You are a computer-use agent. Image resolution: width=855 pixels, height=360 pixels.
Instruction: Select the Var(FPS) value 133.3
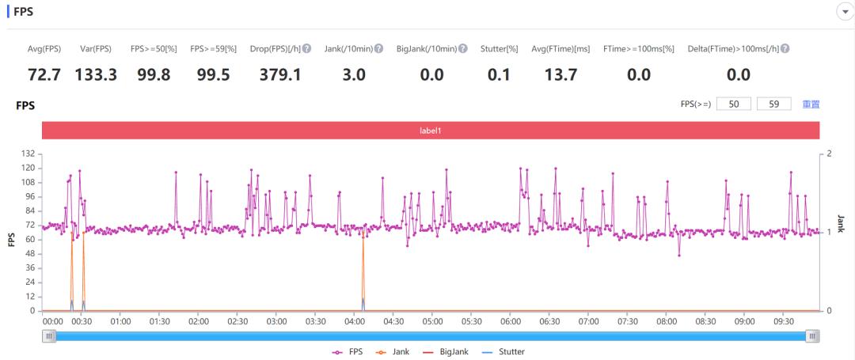click(x=96, y=74)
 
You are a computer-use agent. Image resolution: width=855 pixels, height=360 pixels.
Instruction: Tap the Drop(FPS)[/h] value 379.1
click(x=280, y=74)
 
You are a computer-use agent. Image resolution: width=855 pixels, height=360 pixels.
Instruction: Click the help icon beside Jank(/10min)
click(x=379, y=49)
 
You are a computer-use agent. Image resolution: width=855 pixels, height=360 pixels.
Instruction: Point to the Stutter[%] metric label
click(x=499, y=49)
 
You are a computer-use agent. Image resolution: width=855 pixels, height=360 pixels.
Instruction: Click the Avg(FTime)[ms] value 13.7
click(x=560, y=74)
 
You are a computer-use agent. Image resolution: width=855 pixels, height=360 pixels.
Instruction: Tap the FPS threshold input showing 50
click(x=734, y=104)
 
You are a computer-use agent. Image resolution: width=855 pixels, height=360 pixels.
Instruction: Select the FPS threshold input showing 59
click(x=773, y=104)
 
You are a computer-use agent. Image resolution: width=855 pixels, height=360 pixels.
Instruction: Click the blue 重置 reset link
click(x=811, y=104)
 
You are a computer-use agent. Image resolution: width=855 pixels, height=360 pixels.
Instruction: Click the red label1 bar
click(x=430, y=131)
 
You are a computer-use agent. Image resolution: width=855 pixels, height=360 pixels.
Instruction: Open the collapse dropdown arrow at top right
click(x=842, y=11)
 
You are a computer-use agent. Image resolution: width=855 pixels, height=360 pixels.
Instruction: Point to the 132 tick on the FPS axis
click(x=28, y=153)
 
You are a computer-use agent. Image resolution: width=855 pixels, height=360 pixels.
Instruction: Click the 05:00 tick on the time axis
click(x=432, y=321)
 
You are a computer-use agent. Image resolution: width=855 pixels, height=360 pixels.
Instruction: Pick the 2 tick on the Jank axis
click(x=829, y=153)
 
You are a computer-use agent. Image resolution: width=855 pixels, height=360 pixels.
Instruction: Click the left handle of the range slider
click(x=50, y=336)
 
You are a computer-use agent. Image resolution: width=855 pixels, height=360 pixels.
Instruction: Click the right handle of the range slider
click(x=812, y=336)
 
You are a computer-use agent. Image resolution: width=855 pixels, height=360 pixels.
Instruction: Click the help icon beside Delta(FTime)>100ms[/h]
click(x=785, y=49)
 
